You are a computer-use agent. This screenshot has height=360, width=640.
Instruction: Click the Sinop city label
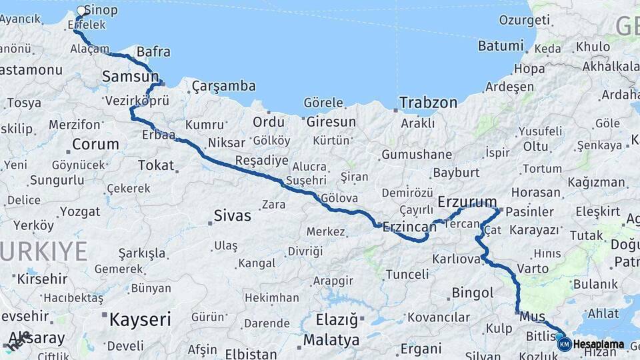103,10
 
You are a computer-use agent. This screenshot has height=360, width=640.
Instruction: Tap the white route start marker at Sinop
81,11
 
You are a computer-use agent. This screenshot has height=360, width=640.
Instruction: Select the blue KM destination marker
564,344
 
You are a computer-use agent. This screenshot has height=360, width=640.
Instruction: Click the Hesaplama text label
599,345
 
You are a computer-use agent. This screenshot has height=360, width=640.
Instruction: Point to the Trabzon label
429,103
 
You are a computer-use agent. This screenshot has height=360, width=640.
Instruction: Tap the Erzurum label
467,201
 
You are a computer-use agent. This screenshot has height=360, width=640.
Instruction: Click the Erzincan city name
409,227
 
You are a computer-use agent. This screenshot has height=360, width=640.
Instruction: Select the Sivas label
233,215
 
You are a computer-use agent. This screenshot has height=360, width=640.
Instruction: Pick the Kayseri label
140,319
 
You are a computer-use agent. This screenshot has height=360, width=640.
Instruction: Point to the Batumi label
501,46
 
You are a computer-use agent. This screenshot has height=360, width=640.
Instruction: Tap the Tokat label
155,165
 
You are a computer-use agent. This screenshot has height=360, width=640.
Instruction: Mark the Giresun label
331,122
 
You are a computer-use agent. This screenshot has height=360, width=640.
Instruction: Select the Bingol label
473,293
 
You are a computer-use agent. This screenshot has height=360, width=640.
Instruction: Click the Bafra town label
153,52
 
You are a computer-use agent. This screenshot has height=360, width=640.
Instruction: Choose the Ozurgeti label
524,20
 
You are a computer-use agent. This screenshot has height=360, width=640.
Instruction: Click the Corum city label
95,144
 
